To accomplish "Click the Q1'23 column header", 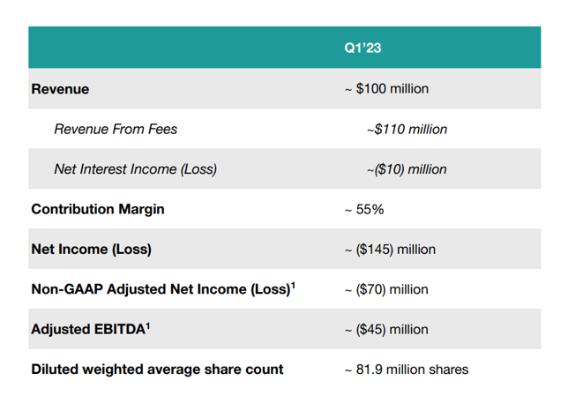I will click(363, 49).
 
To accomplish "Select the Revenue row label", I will click(60, 89).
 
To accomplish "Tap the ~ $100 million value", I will click(386, 89).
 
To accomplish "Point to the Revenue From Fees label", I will click(116, 130).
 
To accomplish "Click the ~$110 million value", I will click(407, 130).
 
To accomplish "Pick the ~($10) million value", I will click(407, 169).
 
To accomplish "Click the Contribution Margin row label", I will click(97, 209).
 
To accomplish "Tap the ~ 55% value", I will click(363, 209).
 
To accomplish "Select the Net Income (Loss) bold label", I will click(91, 250).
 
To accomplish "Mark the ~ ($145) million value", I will click(390, 250).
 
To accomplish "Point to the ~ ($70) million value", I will click(386, 289).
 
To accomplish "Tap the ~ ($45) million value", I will click(386, 330).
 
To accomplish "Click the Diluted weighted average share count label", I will click(157, 369).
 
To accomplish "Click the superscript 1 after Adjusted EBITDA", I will click(148, 325).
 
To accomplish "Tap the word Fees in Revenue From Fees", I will click(161, 130).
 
